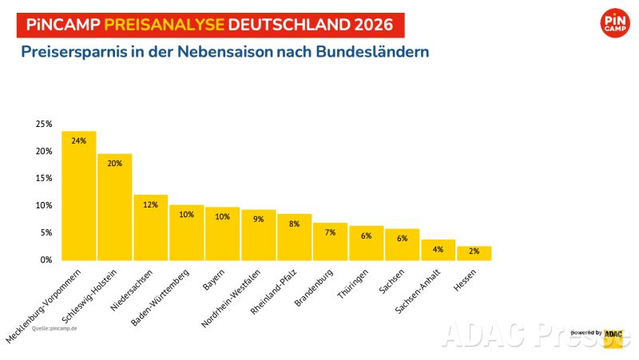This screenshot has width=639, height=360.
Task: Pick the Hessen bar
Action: pyautogui.click(x=474, y=253)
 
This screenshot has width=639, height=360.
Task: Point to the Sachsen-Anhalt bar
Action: pyautogui.click(x=438, y=250)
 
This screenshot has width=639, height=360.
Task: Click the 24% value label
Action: pyautogui.click(x=78, y=140)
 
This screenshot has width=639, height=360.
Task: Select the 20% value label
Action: pyautogui.click(x=114, y=163)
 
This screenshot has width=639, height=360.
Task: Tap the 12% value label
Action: pyautogui.click(x=150, y=205)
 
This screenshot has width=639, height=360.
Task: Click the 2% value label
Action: pyautogui.click(x=474, y=252)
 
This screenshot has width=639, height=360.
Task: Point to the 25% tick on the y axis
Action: pyautogui.click(x=43, y=125)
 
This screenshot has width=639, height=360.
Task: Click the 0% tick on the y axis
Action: pyautogui.click(x=46, y=259)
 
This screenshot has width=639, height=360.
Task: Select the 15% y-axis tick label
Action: pyautogui.click(x=43, y=178)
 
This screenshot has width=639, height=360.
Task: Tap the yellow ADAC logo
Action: pyautogui.click(x=613, y=337)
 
